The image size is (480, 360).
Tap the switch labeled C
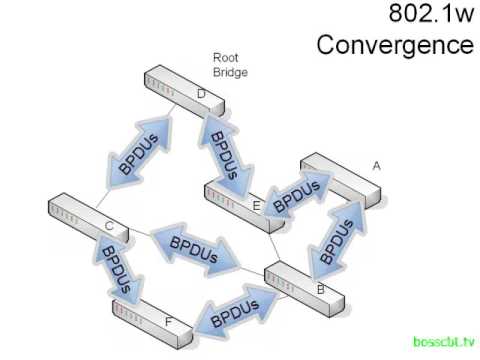[x=89, y=221]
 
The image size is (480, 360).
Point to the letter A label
[x=376, y=164]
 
